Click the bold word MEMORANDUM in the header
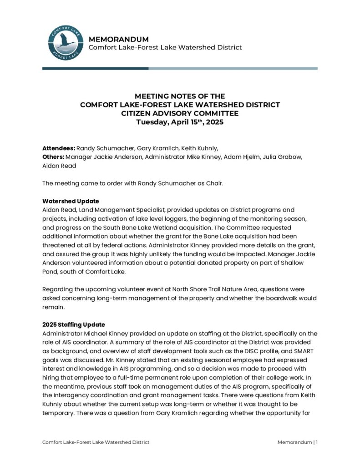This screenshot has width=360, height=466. [x=118, y=39]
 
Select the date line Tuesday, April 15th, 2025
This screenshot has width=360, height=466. [x=180, y=122]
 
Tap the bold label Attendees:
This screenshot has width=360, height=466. [x=58, y=148]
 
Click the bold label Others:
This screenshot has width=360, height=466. [x=53, y=157]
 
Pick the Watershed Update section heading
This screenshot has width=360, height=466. [x=71, y=201]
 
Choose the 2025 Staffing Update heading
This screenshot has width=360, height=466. [x=74, y=324]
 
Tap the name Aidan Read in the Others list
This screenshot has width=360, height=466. [x=59, y=166]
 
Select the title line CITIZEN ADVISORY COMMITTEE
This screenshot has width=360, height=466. [x=180, y=113]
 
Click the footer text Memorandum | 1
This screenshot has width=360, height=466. [x=297, y=442]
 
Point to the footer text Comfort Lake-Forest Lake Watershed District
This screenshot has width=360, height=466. [x=96, y=442]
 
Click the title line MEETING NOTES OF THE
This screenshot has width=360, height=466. [x=180, y=96]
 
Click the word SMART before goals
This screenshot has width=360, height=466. [x=301, y=351]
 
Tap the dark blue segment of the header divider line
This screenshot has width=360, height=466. [x=95, y=68]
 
